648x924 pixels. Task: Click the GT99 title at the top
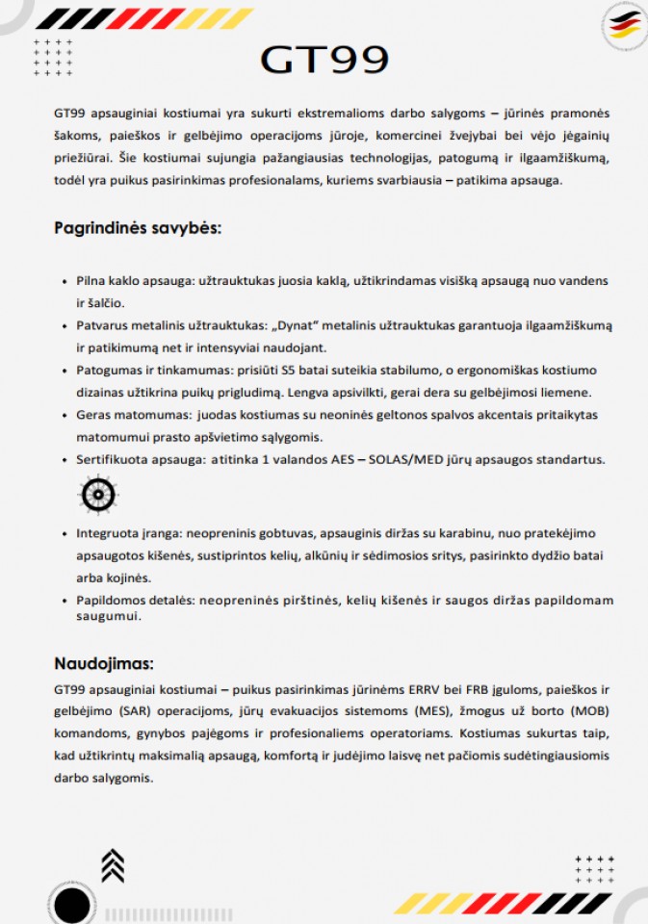click(x=324, y=60)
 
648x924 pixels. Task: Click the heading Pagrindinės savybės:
click(x=138, y=228)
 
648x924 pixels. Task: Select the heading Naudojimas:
click(x=104, y=663)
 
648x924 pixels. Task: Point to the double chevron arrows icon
click(x=113, y=864)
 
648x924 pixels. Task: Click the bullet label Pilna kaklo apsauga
click(x=135, y=281)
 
